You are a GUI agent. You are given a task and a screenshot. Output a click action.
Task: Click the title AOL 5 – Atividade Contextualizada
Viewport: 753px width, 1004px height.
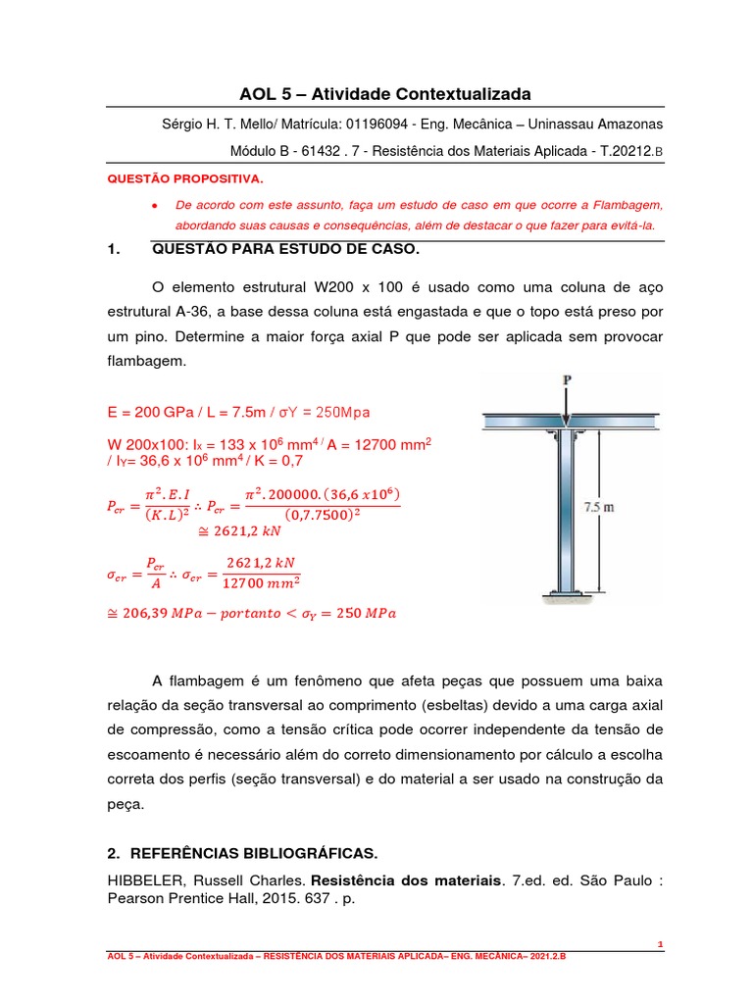tap(384, 94)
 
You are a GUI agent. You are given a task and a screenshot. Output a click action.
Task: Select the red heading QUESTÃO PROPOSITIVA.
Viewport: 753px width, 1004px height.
tap(184, 180)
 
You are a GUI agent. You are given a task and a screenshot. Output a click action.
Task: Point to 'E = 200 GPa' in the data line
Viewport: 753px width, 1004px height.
tap(148, 410)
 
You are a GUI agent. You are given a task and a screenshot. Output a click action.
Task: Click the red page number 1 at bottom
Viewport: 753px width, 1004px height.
tap(661, 944)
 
